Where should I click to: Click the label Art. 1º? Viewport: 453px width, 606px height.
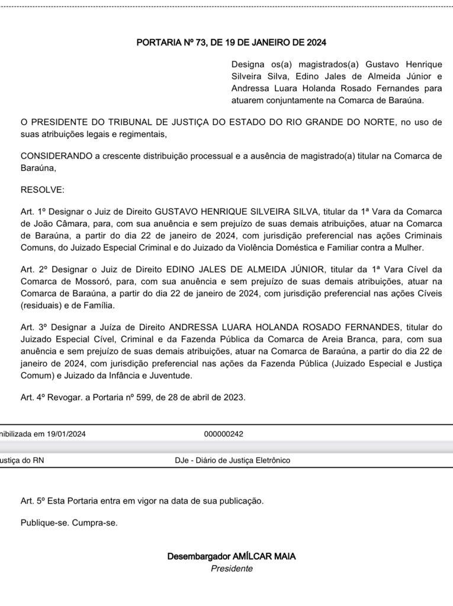point(33,211)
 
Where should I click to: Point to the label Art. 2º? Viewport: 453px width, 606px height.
point(33,269)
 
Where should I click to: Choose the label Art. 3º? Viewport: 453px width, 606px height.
point(33,327)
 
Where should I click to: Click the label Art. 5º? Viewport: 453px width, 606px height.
point(33,501)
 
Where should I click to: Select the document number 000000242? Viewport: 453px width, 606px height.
point(223,434)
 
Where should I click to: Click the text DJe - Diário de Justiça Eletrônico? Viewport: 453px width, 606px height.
point(233,460)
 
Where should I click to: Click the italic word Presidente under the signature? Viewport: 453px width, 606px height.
point(232,569)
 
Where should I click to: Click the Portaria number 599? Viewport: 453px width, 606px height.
point(136,397)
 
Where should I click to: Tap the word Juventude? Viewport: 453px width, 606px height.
point(171,376)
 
